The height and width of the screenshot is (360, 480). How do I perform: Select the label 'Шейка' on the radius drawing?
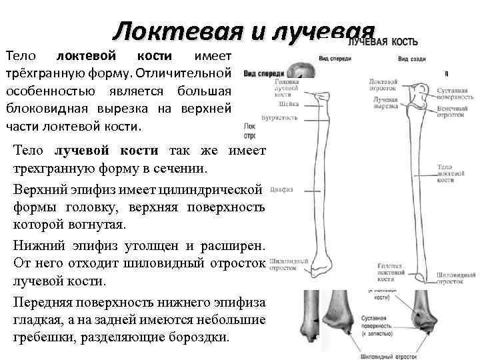click(264, 104)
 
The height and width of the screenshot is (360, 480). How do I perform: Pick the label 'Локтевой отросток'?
click(383, 85)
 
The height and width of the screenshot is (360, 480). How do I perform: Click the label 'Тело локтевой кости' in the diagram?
click(447, 173)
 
